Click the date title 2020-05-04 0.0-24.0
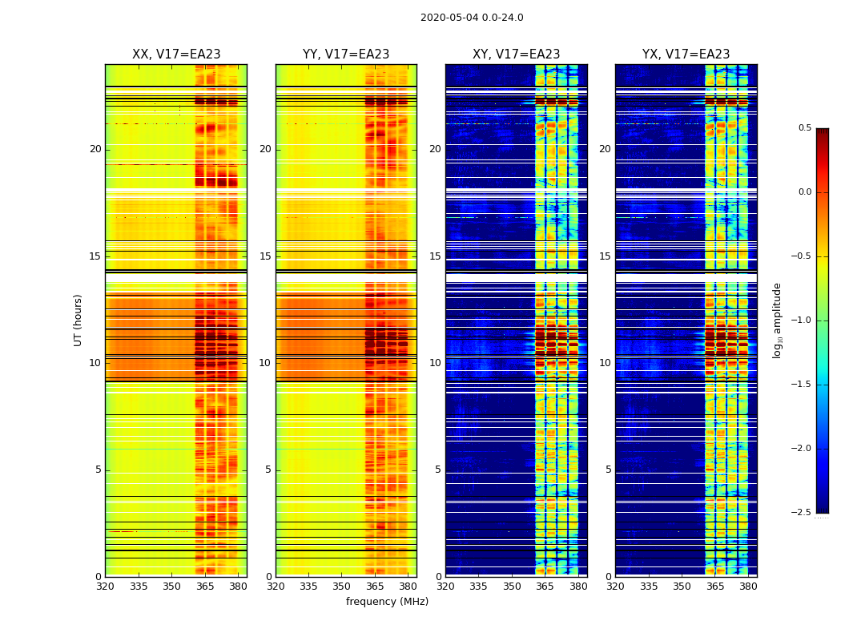472,18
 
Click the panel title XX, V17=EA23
176,54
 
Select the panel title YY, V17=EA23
346,54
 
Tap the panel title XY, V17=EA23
516,54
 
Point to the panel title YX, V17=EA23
686,54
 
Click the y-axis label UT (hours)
78,320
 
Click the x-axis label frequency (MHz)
387,602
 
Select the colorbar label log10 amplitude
777,320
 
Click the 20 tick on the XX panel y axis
95,149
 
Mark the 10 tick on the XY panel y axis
435,363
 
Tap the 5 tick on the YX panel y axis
608,470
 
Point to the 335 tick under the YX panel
649,586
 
